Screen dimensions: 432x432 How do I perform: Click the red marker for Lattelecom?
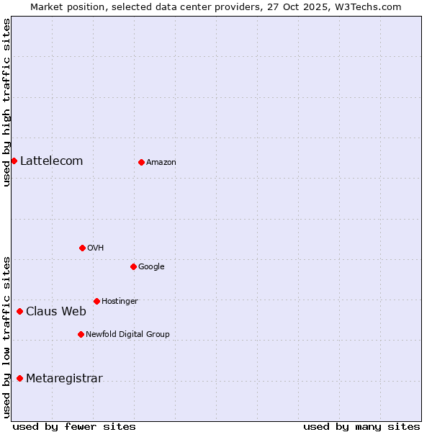click(x=14, y=161)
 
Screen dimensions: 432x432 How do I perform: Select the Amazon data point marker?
click(x=141, y=162)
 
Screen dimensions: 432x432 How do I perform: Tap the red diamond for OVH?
click(x=82, y=248)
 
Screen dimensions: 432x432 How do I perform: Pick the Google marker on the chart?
click(x=133, y=266)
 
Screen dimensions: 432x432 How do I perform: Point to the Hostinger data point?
click(x=96, y=301)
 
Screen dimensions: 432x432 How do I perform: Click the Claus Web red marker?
click(x=19, y=311)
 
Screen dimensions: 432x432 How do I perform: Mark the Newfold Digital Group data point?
click(x=81, y=334)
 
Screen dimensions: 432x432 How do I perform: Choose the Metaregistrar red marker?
click(x=19, y=378)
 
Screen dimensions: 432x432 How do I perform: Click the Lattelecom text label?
click(x=51, y=161)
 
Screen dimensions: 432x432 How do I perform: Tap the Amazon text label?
click(x=161, y=163)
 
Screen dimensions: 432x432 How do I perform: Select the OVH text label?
click(x=95, y=248)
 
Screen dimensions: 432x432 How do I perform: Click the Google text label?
click(x=151, y=267)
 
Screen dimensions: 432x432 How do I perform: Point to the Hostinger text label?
click(x=120, y=302)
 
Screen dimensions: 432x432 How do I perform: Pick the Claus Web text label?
click(x=55, y=312)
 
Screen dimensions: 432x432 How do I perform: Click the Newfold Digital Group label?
click(x=127, y=335)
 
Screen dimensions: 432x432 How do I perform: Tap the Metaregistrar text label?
click(x=64, y=379)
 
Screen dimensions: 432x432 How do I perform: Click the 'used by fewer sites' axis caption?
click(x=74, y=426)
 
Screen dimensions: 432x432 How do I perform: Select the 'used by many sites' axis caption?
click(x=361, y=426)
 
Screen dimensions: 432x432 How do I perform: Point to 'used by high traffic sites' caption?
click(x=6, y=102)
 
